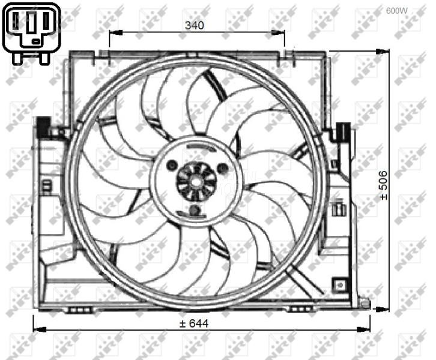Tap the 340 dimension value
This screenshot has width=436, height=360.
click(x=195, y=25)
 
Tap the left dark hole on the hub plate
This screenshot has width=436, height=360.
click(x=172, y=165)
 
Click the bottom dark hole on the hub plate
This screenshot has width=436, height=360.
click(x=194, y=210)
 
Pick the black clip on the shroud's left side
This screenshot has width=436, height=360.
click(x=43, y=127)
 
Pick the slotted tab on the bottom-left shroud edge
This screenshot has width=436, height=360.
click(x=79, y=309)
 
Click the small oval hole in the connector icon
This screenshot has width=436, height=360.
click(x=37, y=41)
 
